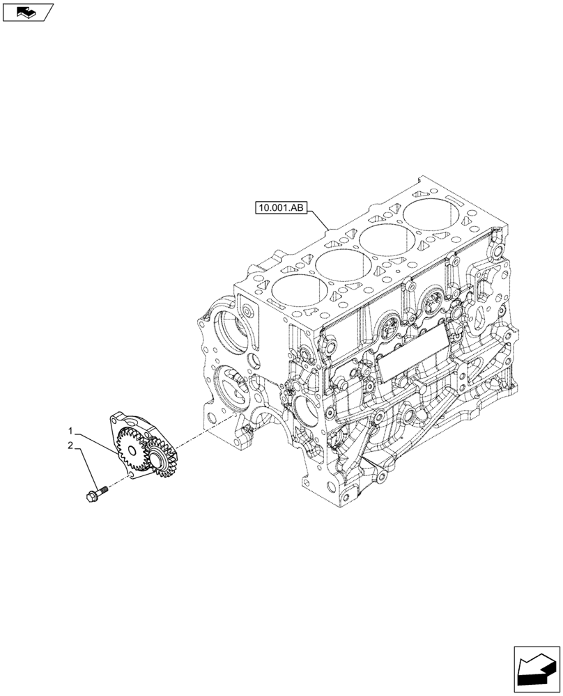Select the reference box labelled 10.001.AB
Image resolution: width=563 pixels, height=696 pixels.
[281, 207]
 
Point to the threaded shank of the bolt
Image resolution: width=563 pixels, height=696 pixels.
[105, 489]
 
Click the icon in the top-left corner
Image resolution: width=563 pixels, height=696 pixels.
[27, 11]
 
